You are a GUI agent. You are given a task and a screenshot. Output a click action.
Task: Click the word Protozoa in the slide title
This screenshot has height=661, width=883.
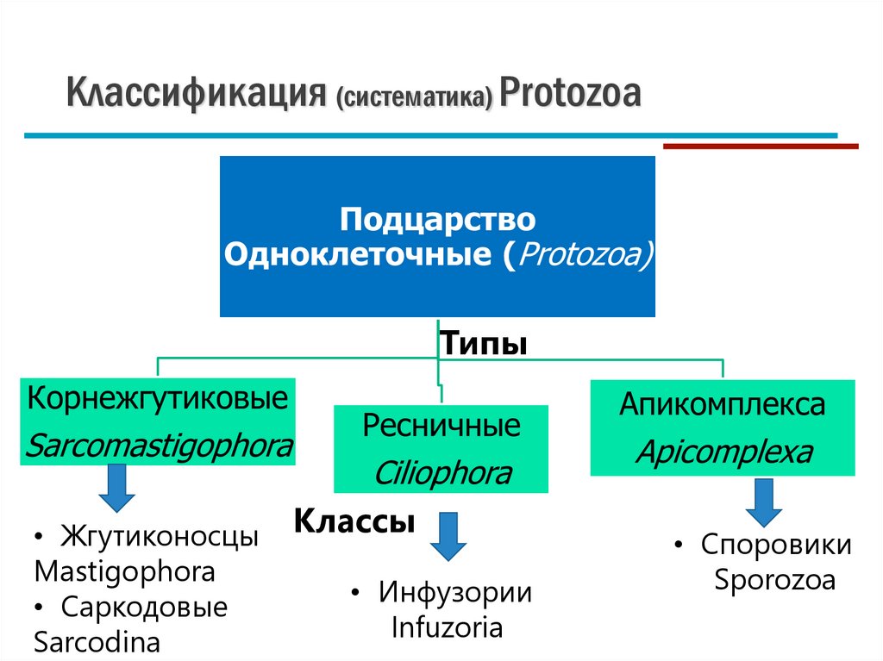click(569, 94)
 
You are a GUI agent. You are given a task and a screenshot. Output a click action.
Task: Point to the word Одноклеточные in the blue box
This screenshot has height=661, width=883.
click(360, 256)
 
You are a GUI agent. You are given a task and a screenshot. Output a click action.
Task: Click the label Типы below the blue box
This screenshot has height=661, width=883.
click(484, 344)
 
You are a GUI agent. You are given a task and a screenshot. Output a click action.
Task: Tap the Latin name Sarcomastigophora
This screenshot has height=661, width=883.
click(160, 447)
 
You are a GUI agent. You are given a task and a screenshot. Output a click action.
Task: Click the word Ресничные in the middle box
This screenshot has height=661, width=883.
click(441, 426)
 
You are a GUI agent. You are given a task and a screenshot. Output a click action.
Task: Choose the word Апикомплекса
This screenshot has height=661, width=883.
click(722, 404)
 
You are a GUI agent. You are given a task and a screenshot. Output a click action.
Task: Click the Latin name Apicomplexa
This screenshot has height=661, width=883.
click(723, 452)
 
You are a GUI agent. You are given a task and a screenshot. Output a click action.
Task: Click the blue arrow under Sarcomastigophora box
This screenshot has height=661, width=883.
click(117, 488)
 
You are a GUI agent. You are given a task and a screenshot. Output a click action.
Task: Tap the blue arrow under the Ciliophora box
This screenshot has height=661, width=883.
click(448, 536)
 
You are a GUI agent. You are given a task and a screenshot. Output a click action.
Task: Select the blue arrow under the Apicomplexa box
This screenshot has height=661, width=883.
click(764, 502)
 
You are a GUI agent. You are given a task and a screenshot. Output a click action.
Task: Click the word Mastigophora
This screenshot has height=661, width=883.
click(124, 571)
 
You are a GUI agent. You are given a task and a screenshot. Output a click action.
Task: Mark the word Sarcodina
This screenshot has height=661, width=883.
click(97, 642)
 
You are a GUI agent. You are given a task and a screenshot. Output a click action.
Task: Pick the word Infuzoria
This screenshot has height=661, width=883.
click(447, 627)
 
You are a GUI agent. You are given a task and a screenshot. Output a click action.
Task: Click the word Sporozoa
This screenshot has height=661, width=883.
click(774, 579)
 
